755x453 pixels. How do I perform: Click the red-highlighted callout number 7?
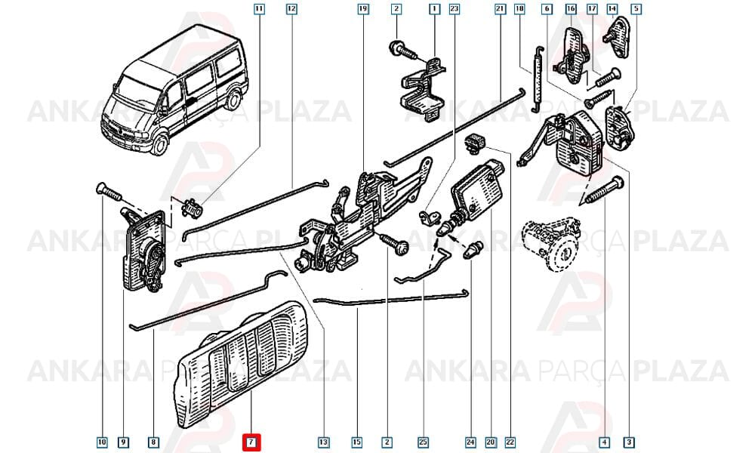(x=251, y=442)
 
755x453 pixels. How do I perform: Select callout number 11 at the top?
(x=259, y=8)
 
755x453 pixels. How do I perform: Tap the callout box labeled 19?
(x=364, y=8)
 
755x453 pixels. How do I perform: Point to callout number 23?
(x=454, y=8)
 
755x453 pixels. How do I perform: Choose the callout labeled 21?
(x=501, y=8)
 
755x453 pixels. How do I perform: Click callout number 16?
(x=571, y=8)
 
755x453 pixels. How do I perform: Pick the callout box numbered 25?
(x=424, y=442)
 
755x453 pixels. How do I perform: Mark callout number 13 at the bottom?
(x=324, y=442)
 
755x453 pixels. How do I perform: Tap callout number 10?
(x=102, y=442)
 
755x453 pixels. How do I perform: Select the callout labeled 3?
(x=629, y=442)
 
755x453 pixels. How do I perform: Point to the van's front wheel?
(x=159, y=143)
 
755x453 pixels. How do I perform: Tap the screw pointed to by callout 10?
(x=109, y=192)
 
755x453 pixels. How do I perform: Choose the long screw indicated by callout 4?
(x=602, y=192)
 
